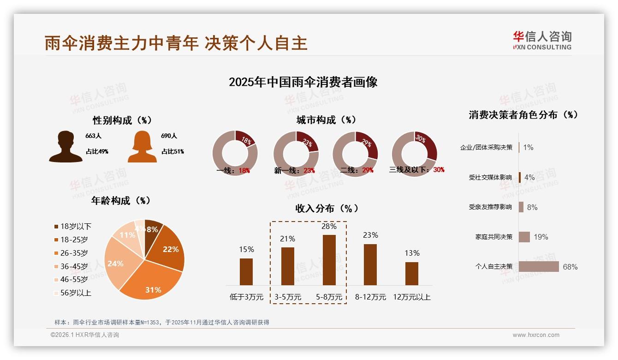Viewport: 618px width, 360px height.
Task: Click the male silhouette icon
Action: tap(66, 147)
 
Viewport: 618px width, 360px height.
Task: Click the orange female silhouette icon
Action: tap(142, 147)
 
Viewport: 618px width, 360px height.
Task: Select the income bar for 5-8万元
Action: tap(329, 260)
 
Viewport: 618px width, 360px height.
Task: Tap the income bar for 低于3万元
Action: tap(246, 271)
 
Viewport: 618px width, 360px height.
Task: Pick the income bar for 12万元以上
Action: tap(412, 273)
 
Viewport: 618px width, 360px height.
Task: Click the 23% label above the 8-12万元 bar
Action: tap(370, 235)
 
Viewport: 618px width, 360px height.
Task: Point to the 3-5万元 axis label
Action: tap(288, 297)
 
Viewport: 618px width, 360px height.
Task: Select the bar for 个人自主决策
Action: tap(539, 267)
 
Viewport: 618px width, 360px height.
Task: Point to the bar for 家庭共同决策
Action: tap(524, 237)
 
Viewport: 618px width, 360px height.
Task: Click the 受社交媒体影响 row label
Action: tap(490, 177)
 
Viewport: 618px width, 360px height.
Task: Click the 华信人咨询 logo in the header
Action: tap(542, 41)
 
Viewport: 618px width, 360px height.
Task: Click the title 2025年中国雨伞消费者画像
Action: tap(303, 82)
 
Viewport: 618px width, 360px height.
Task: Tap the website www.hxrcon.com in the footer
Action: tap(536, 335)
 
